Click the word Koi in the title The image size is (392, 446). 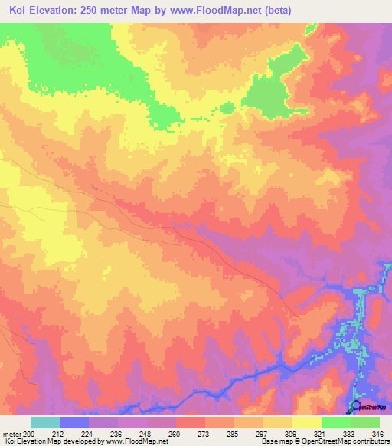pos(21,11)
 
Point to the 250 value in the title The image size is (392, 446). pos(107,11)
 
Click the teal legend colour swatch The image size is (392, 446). pos(44,422)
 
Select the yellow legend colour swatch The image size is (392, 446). pos(306,422)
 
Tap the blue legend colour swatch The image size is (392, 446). pos(73,422)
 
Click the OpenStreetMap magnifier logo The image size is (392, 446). pos(356,407)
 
